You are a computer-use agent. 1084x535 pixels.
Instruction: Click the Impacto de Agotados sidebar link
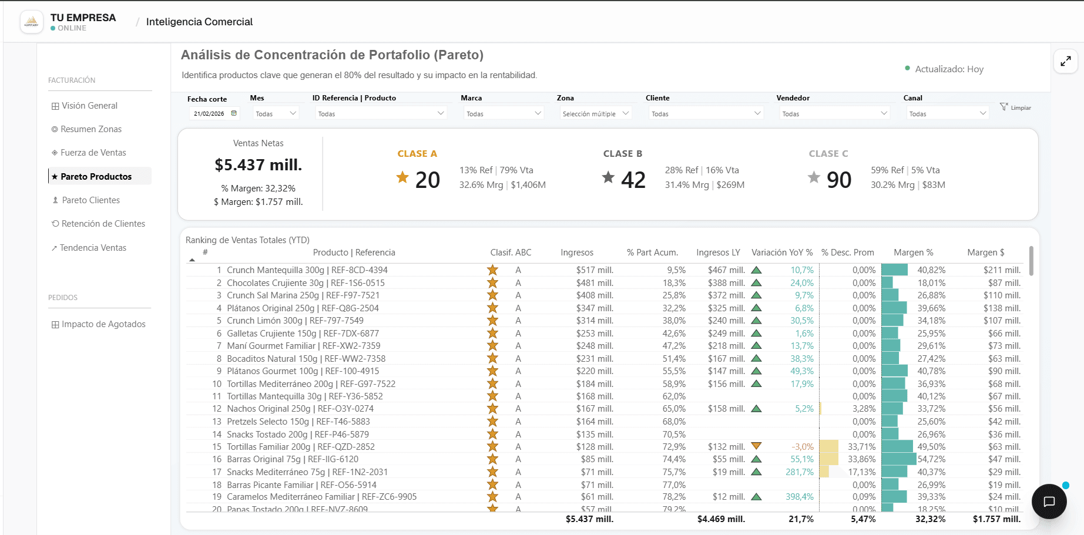coord(99,324)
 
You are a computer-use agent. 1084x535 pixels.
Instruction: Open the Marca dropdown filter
coord(504,113)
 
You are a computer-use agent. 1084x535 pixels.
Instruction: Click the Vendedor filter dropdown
coord(834,113)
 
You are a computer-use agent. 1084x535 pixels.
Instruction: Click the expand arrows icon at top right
coord(1066,61)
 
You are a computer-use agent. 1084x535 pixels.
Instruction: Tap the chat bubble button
coord(1049,502)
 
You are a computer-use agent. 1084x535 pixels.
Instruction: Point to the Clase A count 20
coord(428,180)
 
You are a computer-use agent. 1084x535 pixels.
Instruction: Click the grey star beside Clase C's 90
coord(814,177)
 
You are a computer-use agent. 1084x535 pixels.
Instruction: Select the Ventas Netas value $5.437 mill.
coord(259,165)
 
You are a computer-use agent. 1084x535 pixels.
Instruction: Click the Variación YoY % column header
coord(782,253)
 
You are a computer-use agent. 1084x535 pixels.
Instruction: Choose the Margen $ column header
coord(986,253)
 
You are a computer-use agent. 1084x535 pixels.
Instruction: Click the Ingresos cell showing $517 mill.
coord(595,270)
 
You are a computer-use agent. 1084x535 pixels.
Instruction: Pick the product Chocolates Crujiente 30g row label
coord(306,283)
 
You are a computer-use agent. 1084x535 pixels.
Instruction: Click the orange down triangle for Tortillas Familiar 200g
coord(756,446)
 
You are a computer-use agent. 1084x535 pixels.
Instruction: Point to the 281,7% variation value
coord(800,472)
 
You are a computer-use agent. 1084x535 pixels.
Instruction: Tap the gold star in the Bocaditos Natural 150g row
coord(492,358)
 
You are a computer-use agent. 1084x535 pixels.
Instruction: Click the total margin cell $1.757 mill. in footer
coord(996,519)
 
